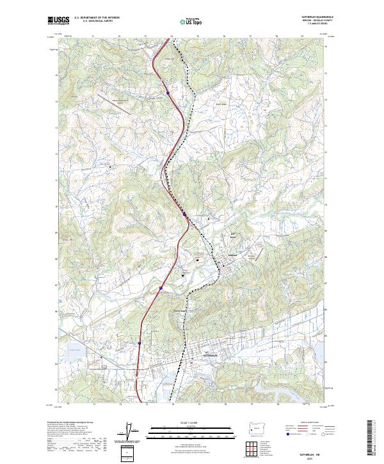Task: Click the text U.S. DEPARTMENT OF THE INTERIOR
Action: tap(97, 18)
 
